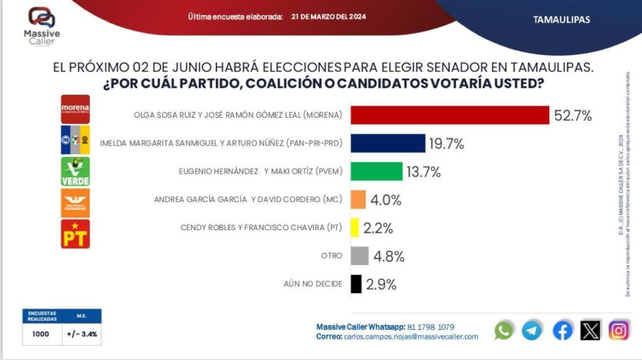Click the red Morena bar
[x=450, y=115]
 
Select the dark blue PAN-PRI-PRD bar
[x=387, y=144]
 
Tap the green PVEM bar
[x=376, y=171]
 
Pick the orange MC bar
[x=358, y=199]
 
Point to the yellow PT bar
[x=354, y=228]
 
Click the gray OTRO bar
[x=359, y=256]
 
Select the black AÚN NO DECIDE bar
[x=356, y=284]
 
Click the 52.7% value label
[x=573, y=116]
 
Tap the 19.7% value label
[x=446, y=144]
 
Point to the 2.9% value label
[x=381, y=285]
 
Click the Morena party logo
[x=75, y=109]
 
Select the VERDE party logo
[x=75, y=171]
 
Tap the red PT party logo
[x=75, y=234]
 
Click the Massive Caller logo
[x=42, y=24]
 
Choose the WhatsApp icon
[x=504, y=330]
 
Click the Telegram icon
[x=532, y=330]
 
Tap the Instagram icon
[x=619, y=330]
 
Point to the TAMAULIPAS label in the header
[x=561, y=19]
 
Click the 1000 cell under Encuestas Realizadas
[x=41, y=334]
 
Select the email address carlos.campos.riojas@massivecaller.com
[x=411, y=337]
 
